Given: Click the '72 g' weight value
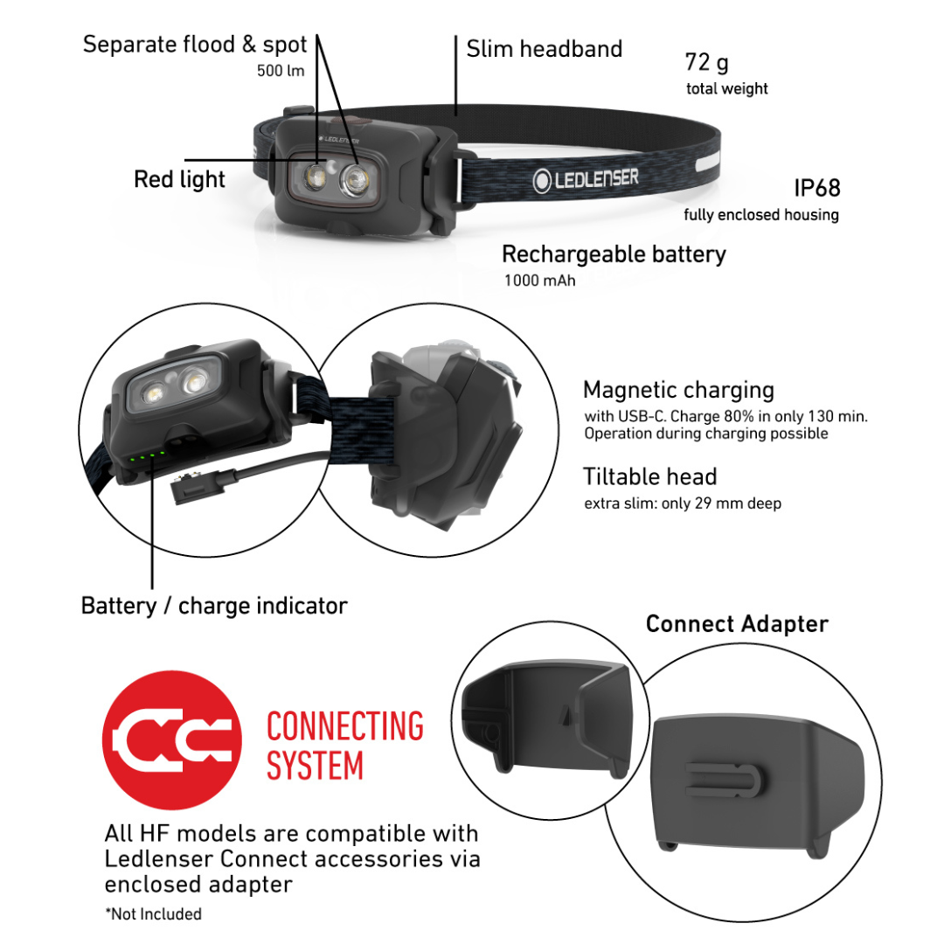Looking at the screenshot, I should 706,63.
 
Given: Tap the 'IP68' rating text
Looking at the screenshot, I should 816,188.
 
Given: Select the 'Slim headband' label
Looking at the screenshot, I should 544,49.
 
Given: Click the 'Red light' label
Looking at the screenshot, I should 179,179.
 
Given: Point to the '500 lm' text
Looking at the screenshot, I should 281,71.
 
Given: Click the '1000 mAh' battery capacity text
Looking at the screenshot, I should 539,281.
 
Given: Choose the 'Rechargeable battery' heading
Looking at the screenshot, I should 614,254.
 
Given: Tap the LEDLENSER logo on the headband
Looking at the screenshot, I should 586,180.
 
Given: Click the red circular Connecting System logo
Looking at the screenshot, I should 171,739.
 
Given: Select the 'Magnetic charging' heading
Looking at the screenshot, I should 678,390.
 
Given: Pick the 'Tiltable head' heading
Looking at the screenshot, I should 649,477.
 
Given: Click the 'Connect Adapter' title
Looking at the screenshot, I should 736,624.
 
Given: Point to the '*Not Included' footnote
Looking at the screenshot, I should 153,914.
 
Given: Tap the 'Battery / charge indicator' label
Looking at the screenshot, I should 214,606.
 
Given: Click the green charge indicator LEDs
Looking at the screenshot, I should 145,456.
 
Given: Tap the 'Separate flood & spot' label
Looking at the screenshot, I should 195,45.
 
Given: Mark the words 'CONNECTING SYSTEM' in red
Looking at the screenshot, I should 344,746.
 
